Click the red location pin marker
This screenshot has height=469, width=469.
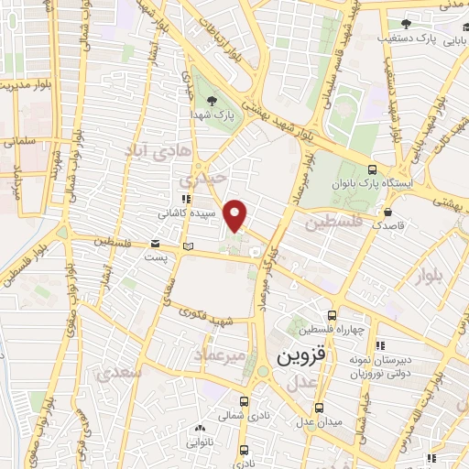point(236,214)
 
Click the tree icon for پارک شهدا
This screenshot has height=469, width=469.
point(213,101)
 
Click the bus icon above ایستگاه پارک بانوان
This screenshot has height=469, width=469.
point(372,169)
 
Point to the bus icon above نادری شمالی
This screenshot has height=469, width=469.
point(243,401)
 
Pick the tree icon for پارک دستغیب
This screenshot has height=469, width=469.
point(404,25)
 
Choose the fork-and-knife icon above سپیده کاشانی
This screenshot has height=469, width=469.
point(185,198)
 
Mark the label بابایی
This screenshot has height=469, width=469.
point(454,40)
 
